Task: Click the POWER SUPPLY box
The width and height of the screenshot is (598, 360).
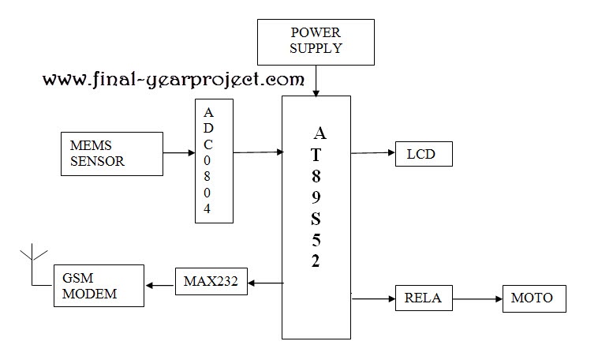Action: click(x=316, y=41)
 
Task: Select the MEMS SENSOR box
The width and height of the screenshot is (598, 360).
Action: click(x=99, y=154)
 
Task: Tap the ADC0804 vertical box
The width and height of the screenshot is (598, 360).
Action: click(x=214, y=160)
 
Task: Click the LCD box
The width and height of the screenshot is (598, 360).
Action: click(x=424, y=152)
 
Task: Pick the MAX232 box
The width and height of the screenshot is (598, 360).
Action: click(x=211, y=281)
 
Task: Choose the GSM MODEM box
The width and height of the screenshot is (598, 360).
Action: click(x=99, y=286)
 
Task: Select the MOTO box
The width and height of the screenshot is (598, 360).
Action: click(x=533, y=298)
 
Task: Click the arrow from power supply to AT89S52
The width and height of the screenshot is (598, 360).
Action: click(x=316, y=79)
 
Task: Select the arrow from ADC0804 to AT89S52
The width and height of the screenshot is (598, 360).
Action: click(x=258, y=152)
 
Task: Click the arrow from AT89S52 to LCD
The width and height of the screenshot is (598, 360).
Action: click(x=372, y=152)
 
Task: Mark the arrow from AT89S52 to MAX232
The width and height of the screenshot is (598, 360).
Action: click(x=265, y=282)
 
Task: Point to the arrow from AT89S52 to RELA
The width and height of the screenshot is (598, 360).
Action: click(x=372, y=299)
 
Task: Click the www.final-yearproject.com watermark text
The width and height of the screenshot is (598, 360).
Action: click(x=173, y=79)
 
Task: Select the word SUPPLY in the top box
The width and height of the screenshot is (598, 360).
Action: click(x=316, y=48)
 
